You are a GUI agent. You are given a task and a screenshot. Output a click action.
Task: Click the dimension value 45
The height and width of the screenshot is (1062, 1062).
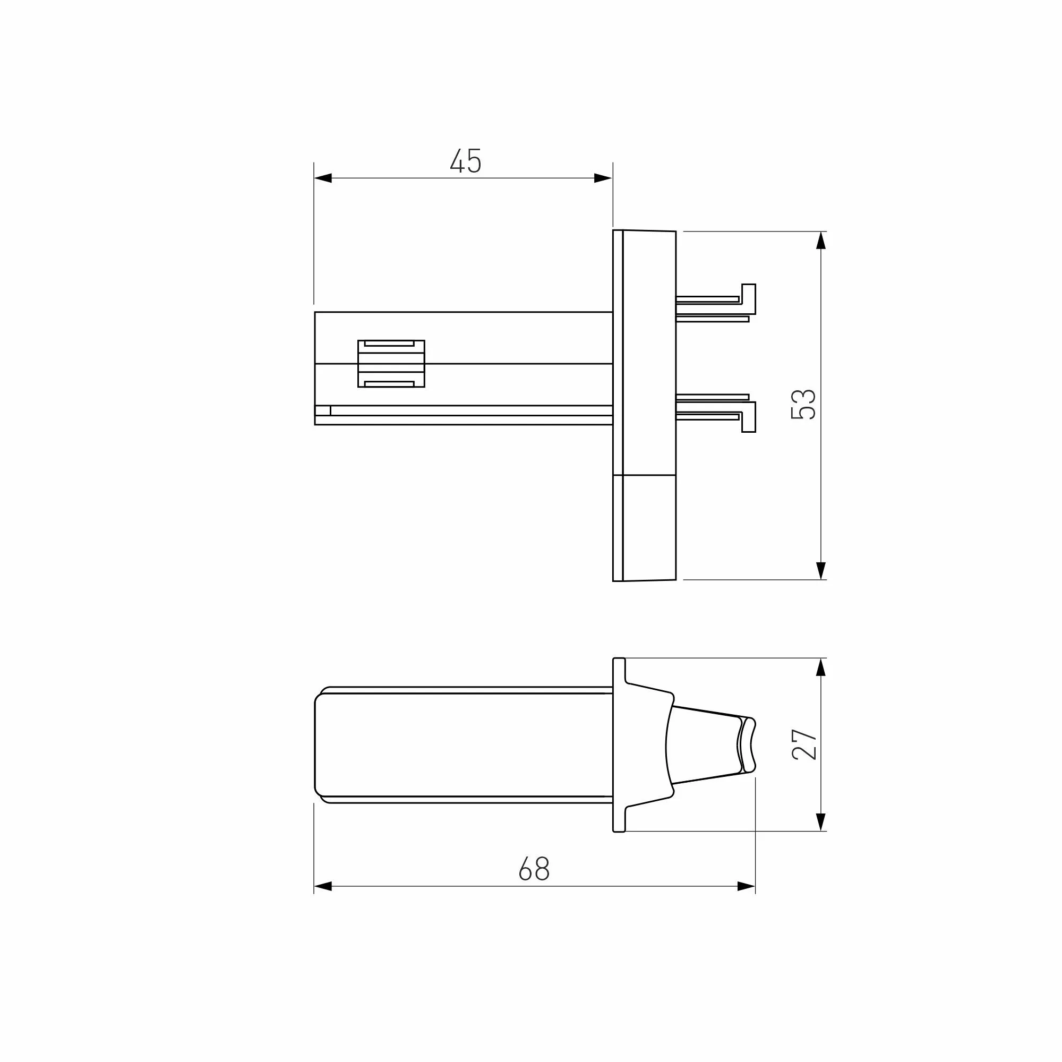pyautogui.click(x=466, y=161)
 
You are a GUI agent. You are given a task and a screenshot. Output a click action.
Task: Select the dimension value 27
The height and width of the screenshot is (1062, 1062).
pyautogui.click(x=804, y=744)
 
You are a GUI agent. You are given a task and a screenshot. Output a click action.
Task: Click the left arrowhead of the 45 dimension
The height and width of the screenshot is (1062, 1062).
pyautogui.click(x=323, y=178)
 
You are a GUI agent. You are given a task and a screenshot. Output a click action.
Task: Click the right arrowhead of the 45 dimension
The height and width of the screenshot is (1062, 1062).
pyautogui.click(x=603, y=178)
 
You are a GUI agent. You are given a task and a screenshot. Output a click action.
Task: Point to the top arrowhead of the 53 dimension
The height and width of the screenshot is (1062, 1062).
pyautogui.click(x=821, y=240)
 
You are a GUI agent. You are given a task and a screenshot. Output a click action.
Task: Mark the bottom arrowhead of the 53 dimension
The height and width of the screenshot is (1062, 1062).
pyautogui.click(x=821, y=571)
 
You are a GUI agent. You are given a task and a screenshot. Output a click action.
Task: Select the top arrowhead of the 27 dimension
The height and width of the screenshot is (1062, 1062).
pyautogui.click(x=821, y=667)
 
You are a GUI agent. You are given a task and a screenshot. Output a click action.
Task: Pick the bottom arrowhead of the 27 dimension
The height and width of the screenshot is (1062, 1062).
pyautogui.click(x=821, y=822)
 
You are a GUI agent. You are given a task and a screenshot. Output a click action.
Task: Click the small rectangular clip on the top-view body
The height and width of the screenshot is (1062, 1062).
pyautogui.click(x=391, y=363)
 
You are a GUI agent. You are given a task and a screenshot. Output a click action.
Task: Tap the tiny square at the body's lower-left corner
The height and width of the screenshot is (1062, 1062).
pyautogui.click(x=323, y=410)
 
